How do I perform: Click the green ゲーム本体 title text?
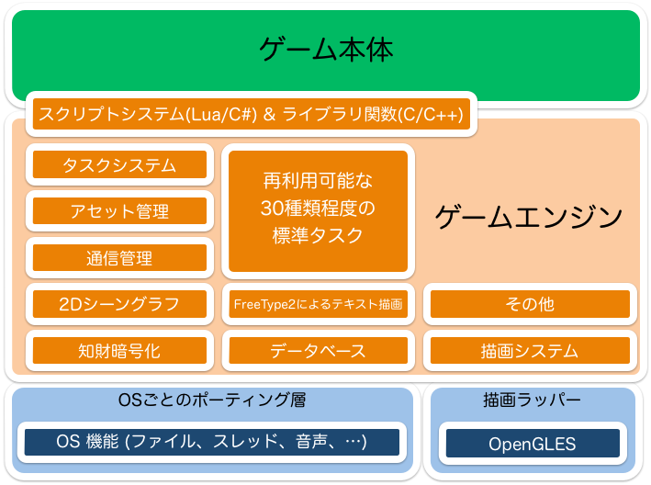(x=326, y=50)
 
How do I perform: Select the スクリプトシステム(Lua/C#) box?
(x=252, y=114)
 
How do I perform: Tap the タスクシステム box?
(x=119, y=164)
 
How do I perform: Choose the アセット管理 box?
(x=119, y=211)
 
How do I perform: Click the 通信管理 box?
(x=119, y=258)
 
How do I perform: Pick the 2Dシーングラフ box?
(x=119, y=304)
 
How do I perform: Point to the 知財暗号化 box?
(x=119, y=351)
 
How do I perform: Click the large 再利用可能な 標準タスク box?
(x=318, y=211)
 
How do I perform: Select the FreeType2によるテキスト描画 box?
(x=318, y=304)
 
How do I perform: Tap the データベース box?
(x=318, y=351)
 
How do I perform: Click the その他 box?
(x=530, y=304)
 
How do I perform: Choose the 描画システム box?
(x=530, y=351)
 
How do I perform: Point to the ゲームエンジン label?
(x=529, y=217)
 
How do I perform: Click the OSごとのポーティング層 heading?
(x=212, y=400)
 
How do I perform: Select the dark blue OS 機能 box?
(x=212, y=442)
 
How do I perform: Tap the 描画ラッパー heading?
(x=532, y=400)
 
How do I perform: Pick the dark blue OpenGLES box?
(x=533, y=444)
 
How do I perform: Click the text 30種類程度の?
(x=318, y=208)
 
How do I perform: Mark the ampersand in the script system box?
(x=269, y=114)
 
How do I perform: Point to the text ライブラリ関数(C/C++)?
(x=373, y=114)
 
